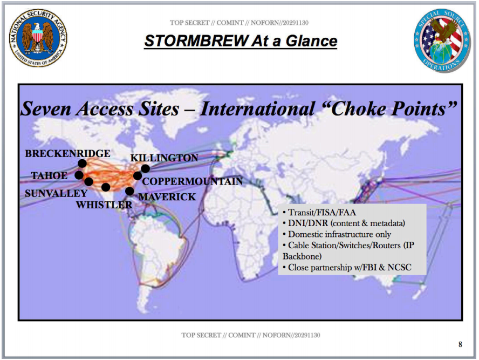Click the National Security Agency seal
click(x=38, y=38)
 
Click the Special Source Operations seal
click(x=442, y=40)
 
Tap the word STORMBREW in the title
click(x=197, y=41)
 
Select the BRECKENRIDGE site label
click(x=67, y=153)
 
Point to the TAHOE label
click(x=49, y=176)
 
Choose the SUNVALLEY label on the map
click(x=56, y=193)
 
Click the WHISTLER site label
click(x=104, y=205)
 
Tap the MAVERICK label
click(x=167, y=197)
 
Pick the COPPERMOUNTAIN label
click(x=193, y=181)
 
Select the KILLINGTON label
click(x=165, y=158)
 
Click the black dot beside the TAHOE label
click(x=79, y=175)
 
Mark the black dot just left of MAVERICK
click(x=129, y=191)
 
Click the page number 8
click(x=460, y=344)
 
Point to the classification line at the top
click(x=239, y=23)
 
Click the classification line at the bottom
click(x=251, y=335)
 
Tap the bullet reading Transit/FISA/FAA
click(x=319, y=213)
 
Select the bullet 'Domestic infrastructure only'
click(x=337, y=234)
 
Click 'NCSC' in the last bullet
click(x=400, y=267)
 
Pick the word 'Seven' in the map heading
click(x=46, y=109)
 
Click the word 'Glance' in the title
click(x=311, y=41)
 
